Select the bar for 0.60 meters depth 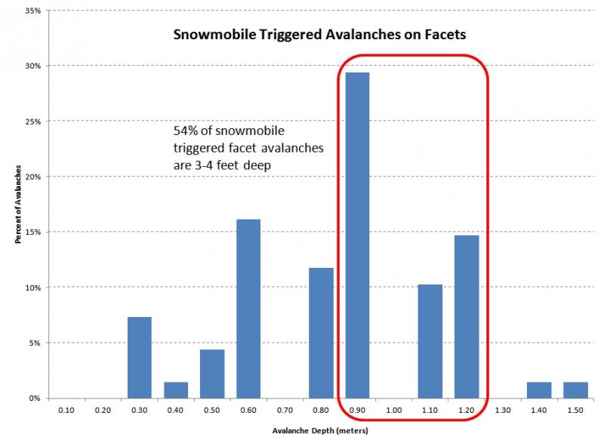pos(248,309)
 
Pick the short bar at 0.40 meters pos(176,390)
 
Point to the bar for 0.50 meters pos(212,374)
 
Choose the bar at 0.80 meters pos(321,333)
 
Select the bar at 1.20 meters pos(467,317)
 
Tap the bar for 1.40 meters pos(539,390)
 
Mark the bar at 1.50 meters pos(575,390)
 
